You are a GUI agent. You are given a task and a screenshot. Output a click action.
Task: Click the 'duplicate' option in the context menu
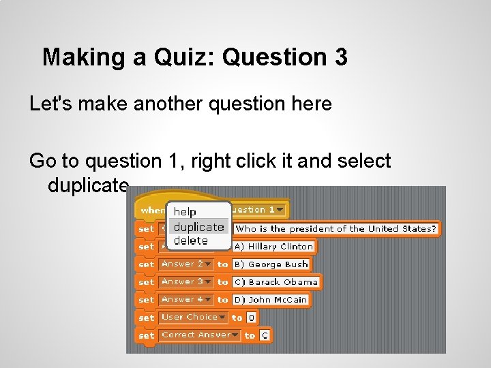(x=198, y=227)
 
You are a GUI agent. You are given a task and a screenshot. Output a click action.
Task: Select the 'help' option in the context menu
(x=185, y=212)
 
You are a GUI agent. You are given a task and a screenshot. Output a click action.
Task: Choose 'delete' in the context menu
(x=190, y=241)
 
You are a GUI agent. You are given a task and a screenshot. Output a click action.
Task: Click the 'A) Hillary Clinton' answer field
(x=273, y=247)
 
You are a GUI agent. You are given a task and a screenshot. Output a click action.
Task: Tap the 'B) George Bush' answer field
(x=271, y=264)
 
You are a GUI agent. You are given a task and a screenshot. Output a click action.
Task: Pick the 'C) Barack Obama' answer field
(x=276, y=282)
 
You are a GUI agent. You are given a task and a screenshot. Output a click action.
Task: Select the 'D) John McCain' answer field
(x=271, y=300)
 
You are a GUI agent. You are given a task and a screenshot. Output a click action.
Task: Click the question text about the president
(x=336, y=229)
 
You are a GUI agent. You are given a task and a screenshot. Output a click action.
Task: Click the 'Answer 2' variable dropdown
(x=185, y=264)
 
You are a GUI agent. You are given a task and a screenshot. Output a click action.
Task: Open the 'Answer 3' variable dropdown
(x=185, y=281)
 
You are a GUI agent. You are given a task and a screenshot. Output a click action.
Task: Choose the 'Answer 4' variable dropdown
(x=185, y=299)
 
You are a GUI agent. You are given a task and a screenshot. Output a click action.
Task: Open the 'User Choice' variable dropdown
(x=193, y=317)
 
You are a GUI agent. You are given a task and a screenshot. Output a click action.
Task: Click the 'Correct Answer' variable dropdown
(x=200, y=335)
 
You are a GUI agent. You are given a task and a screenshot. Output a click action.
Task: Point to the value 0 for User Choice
(x=251, y=318)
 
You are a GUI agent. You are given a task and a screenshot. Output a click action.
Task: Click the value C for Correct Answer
(x=264, y=335)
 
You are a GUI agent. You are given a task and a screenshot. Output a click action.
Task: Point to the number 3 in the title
(x=341, y=57)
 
